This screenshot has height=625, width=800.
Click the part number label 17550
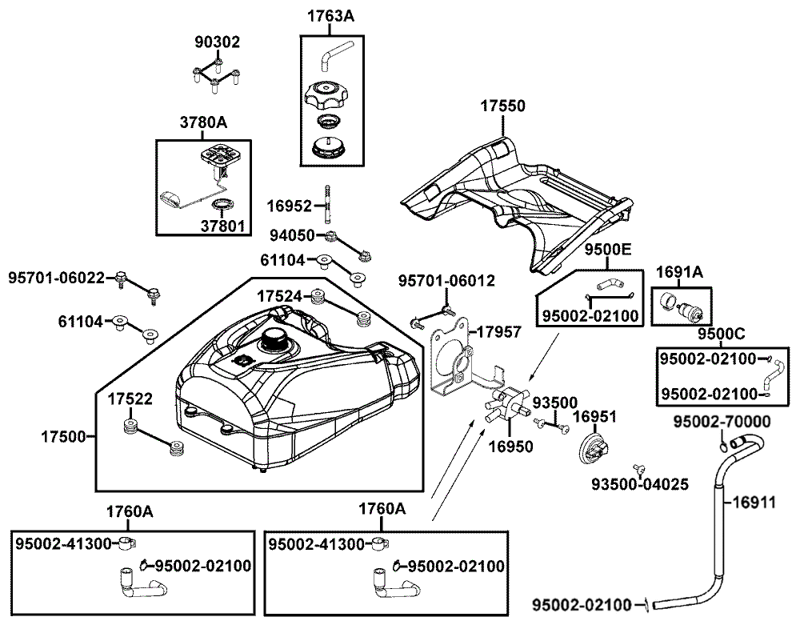pyautogui.click(x=502, y=106)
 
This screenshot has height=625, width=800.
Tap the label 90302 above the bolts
pyautogui.click(x=218, y=42)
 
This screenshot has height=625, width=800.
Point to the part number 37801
pyautogui.click(x=222, y=226)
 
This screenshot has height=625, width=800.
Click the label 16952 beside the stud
pyautogui.click(x=290, y=206)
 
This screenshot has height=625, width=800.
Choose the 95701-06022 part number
pyautogui.click(x=57, y=278)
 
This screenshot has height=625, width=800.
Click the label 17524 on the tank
pyautogui.click(x=279, y=296)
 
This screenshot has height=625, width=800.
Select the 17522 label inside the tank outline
pyautogui.click(x=130, y=399)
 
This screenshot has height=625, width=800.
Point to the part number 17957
pyautogui.click(x=498, y=332)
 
